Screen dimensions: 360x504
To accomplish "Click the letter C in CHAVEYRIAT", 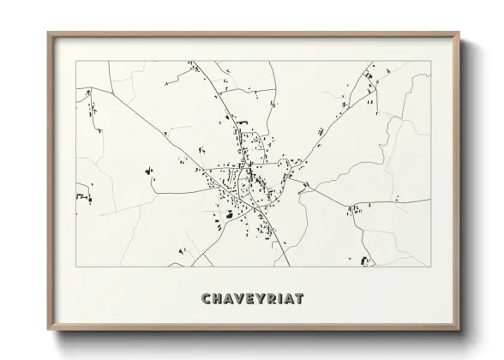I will coord(206,299).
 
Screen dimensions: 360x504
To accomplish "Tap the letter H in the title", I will coord(218,299).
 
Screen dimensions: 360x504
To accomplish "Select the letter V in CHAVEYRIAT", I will coord(241,299).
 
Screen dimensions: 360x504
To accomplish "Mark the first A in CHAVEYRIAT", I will coord(230,299).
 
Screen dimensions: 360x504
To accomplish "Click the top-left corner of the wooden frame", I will coord(48,33).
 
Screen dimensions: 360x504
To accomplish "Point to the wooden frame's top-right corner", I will coord(459,33).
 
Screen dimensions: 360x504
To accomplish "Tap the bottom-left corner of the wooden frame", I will coord(48,331).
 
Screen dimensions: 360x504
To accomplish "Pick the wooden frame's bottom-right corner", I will coord(459,331).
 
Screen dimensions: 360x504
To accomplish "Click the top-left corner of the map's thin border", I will coord(76,61).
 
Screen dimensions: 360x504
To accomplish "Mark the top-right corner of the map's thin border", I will coord(430,61).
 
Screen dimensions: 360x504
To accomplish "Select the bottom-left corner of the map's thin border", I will coord(76,267).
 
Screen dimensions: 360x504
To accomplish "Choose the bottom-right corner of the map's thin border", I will coord(430,267).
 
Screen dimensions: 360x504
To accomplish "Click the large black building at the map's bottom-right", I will coord(366,260).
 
